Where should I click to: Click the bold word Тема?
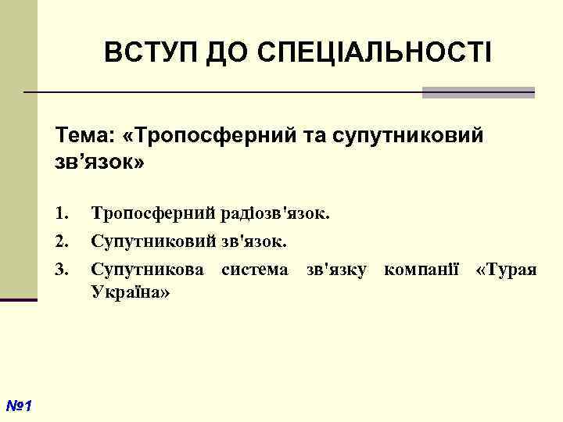(x=84, y=137)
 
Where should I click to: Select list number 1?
(x=63, y=212)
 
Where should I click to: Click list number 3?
(x=63, y=270)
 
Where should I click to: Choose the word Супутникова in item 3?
(x=149, y=270)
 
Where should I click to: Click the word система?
(x=255, y=270)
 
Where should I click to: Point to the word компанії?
(x=422, y=270)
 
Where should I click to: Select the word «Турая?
(x=507, y=270)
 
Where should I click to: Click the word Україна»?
(x=131, y=291)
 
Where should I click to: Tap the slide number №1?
(x=17, y=406)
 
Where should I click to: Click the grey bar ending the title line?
(x=478, y=92)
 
